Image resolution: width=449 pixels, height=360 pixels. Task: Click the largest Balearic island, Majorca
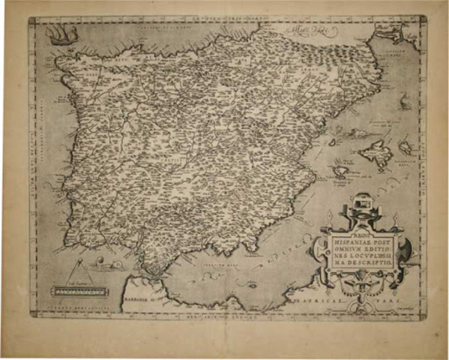point(375,155)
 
